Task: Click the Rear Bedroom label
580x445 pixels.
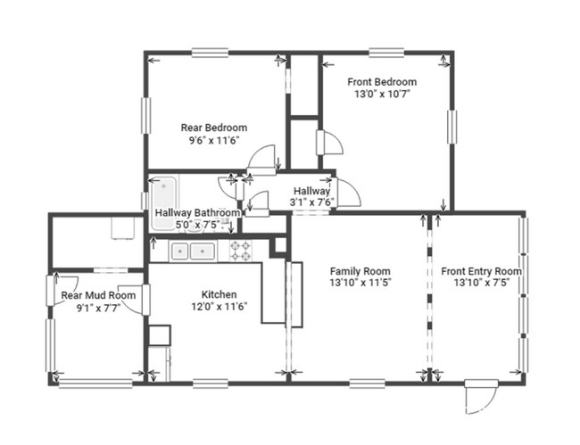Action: [214, 128]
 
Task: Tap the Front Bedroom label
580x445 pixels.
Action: [382, 82]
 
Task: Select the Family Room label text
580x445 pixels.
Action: [360, 271]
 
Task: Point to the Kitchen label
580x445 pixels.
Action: [219, 294]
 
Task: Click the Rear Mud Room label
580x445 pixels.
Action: [98, 295]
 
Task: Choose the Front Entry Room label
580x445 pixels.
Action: [481, 271]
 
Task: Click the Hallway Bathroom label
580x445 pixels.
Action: [197, 213]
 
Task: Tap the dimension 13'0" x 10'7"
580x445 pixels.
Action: [383, 94]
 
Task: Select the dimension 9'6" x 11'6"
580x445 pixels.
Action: [214, 140]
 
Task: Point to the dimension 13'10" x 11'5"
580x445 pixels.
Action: [360, 283]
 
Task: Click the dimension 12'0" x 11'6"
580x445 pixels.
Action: [219, 307]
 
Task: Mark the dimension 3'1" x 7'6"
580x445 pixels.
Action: [311, 202]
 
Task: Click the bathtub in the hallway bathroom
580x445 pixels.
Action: [164, 203]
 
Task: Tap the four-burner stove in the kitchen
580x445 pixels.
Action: [241, 251]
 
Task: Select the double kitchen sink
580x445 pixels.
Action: [193, 251]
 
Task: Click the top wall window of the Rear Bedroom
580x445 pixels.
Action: [210, 53]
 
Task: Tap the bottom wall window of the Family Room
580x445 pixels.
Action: [368, 383]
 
